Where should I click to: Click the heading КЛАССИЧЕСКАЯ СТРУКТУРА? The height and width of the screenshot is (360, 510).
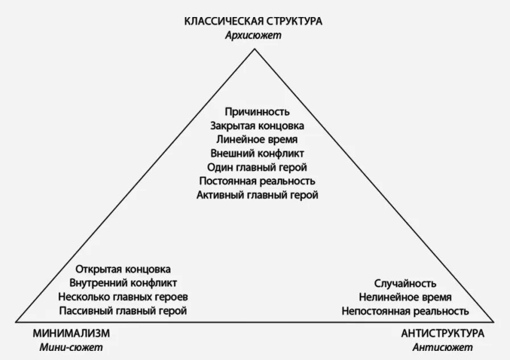(x=253, y=22)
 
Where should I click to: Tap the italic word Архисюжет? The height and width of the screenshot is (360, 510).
(x=253, y=35)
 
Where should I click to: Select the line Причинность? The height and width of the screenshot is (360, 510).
(x=257, y=111)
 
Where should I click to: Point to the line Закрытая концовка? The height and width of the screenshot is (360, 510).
(x=257, y=126)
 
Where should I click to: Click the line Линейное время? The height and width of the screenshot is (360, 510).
(x=257, y=139)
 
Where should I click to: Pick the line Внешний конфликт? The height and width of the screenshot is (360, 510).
(x=257, y=154)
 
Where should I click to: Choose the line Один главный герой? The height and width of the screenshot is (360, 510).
(x=257, y=167)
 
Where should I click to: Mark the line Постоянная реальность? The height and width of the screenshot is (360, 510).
(x=257, y=181)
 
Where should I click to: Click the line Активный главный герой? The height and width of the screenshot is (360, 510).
(x=257, y=195)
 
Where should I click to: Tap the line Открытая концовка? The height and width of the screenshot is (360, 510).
(x=123, y=269)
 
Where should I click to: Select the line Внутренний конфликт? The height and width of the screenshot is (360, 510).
(x=123, y=283)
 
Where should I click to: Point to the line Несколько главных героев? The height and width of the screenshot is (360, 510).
(x=123, y=297)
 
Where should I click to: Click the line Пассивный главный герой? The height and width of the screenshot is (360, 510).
(x=123, y=311)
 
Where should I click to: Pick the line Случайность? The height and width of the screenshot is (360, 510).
(x=405, y=283)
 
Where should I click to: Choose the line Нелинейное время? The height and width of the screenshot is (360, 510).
(x=405, y=297)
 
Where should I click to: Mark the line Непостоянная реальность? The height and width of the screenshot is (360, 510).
(x=405, y=311)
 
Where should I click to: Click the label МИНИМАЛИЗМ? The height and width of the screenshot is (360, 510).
(x=71, y=333)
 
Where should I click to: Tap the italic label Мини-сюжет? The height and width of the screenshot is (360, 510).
(x=71, y=347)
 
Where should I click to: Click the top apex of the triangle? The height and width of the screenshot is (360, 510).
(x=254, y=50)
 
